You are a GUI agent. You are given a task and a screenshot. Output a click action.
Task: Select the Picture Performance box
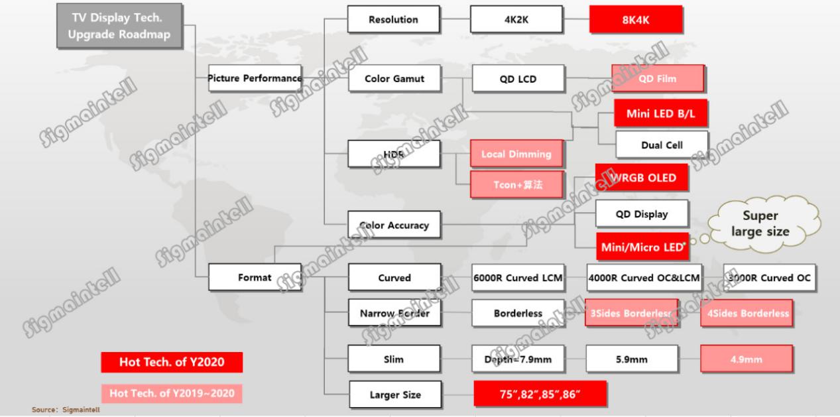tap(255, 78)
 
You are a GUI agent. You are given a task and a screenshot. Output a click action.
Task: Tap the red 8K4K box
tap(635, 19)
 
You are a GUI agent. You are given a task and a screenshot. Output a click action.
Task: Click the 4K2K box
tap(516, 19)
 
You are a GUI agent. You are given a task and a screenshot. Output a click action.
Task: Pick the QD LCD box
tap(518, 79)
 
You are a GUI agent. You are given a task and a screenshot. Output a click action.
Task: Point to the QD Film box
tap(657, 79)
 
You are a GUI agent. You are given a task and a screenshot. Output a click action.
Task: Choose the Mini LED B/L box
tap(660, 113)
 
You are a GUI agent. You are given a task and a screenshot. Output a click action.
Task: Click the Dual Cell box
tap(661, 145)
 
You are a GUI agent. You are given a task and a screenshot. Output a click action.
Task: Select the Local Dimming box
tap(516, 154)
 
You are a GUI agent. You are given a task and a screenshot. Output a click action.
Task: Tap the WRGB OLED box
tap(641, 177)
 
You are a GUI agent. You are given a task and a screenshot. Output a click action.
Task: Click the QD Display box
tap(641, 214)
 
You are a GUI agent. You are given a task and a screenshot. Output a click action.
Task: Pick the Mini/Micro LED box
tap(641, 246)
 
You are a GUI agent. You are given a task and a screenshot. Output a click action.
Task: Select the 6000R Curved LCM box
tap(518, 278)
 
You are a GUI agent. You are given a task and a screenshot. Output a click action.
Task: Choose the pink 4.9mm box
tap(747, 359)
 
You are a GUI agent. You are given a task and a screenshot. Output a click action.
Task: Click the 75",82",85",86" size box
tap(540, 394)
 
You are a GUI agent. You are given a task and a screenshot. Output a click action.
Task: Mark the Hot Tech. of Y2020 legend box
tap(172, 362)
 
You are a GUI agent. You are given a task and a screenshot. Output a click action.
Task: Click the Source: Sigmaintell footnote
tap(66, 410)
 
